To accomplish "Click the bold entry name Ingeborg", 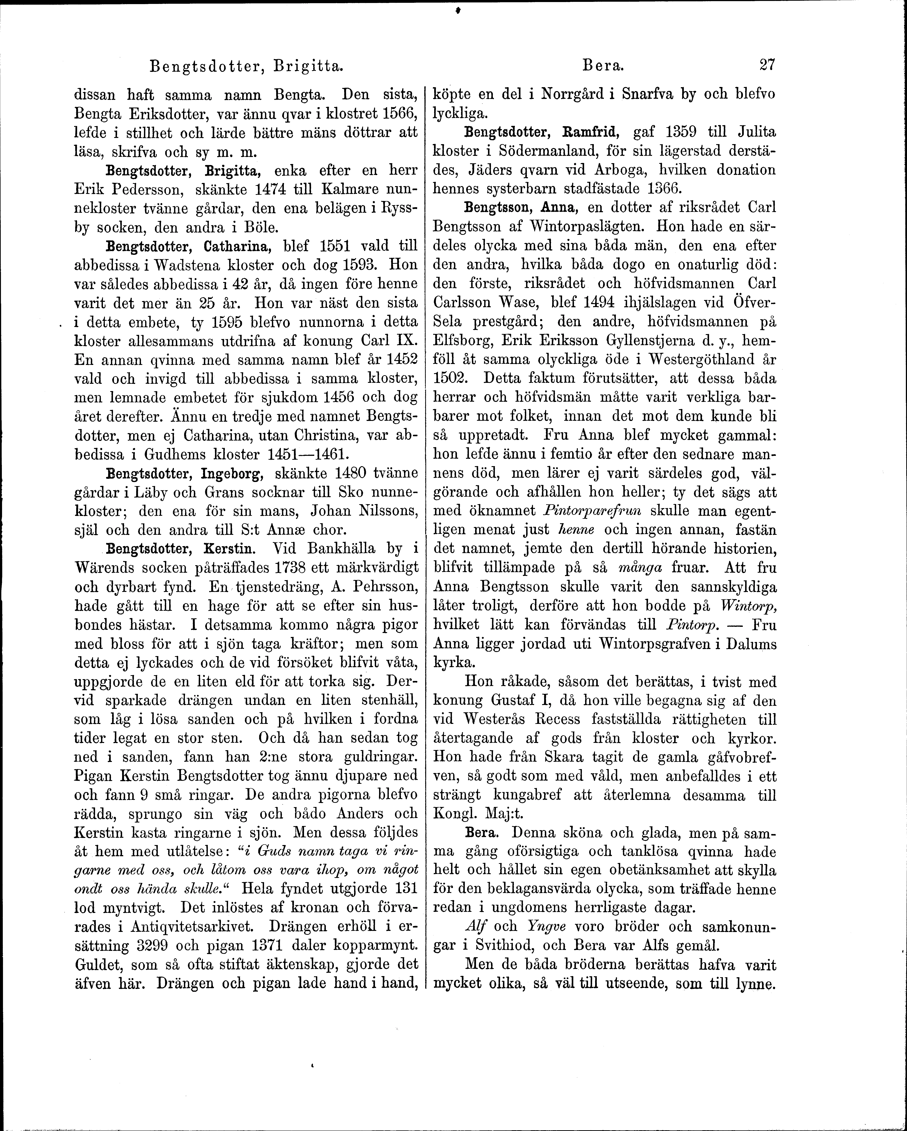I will tap(230, 474).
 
